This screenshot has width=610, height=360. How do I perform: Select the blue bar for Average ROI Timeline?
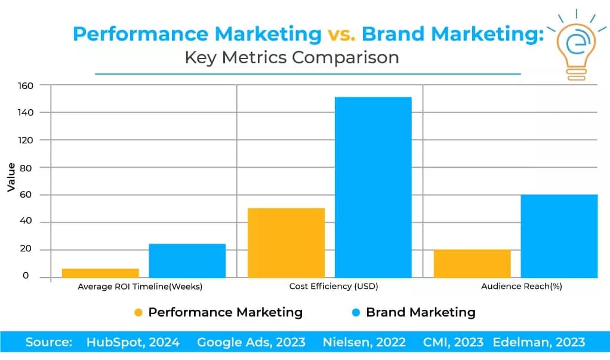point(187,260)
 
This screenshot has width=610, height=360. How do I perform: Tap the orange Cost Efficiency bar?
point(286,242)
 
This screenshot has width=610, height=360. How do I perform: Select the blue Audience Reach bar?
point(559,236)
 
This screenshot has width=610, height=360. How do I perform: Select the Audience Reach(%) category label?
point(521,287)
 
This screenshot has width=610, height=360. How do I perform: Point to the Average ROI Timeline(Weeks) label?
point(140,287)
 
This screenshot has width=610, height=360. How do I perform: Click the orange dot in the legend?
point(138,312)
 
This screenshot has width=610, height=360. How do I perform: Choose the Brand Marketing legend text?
point(420,312)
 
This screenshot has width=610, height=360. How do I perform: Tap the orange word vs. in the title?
point(341,34)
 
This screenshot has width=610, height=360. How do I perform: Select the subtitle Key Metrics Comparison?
point(291,58)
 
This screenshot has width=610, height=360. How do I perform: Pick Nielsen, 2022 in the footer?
point(364,343)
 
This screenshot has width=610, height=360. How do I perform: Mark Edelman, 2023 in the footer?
point(538,343)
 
